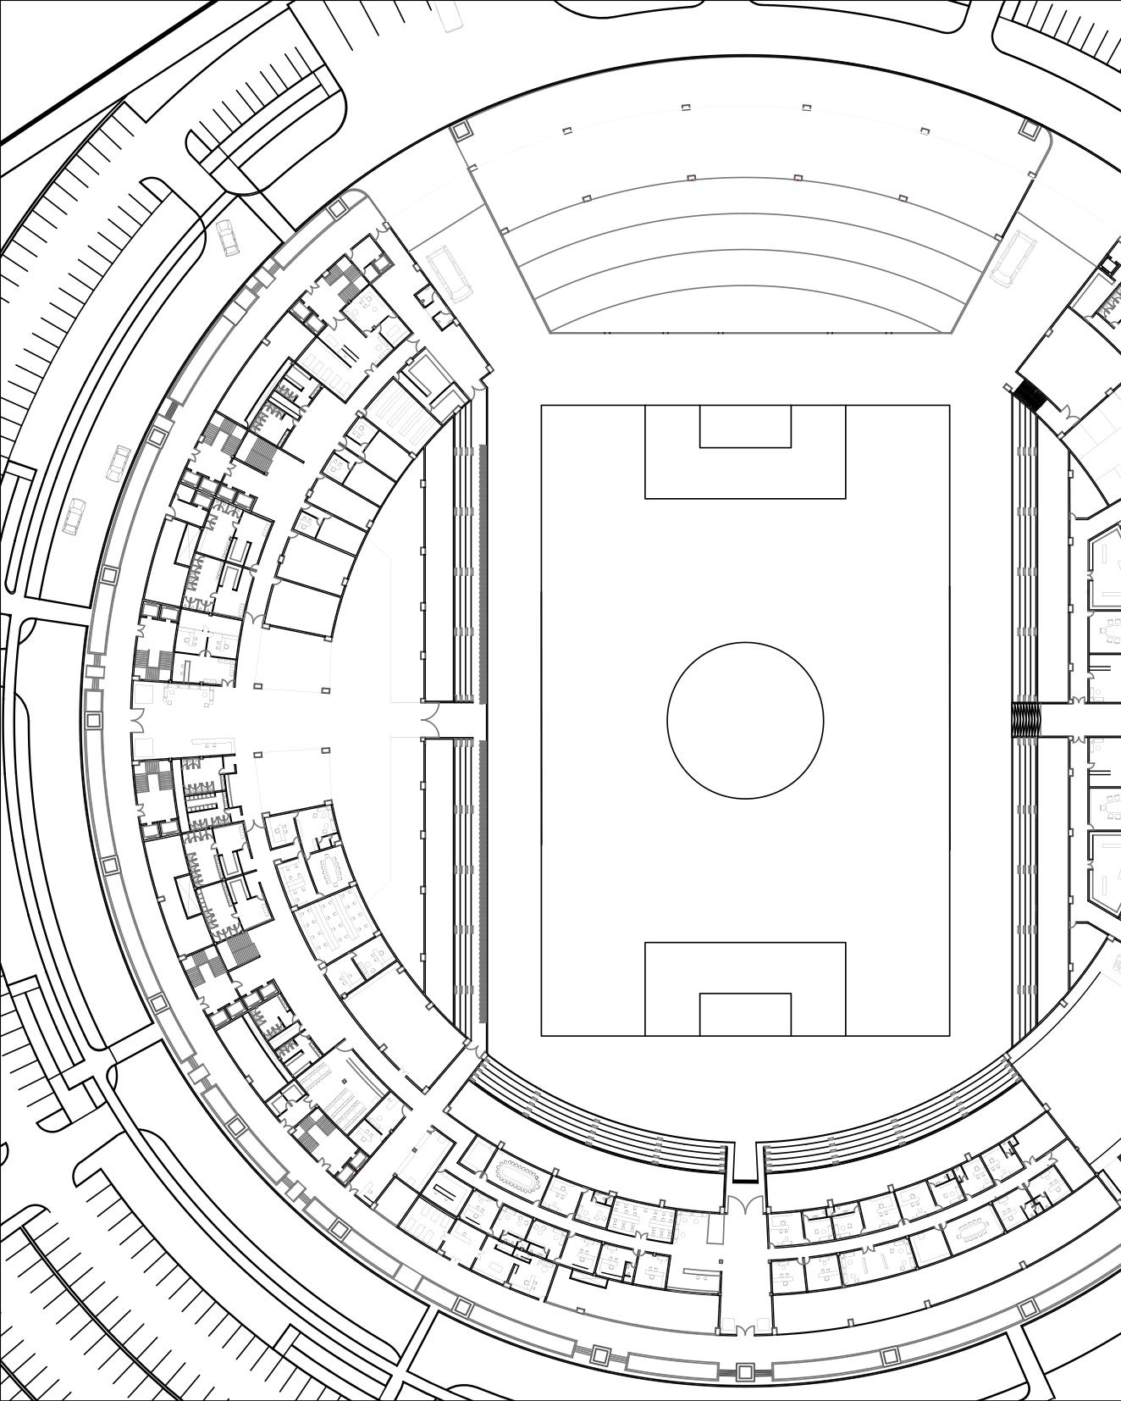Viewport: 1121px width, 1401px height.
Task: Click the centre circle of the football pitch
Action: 745,720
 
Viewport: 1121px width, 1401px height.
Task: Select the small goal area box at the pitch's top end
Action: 745,426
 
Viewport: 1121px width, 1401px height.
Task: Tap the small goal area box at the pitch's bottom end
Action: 745,1014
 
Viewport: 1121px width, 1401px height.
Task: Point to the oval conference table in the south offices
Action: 518,1177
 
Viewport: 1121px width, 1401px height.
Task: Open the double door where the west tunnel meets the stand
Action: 429,720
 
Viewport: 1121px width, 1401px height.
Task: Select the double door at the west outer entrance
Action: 135,720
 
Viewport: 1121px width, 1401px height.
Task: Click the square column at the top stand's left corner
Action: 461,130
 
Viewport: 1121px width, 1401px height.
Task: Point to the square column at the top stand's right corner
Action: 1030,129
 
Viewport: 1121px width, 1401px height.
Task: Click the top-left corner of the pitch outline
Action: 542,406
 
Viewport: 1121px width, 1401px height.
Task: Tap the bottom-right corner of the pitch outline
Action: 949,1035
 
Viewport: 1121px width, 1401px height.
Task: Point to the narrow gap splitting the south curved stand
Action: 745,1160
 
